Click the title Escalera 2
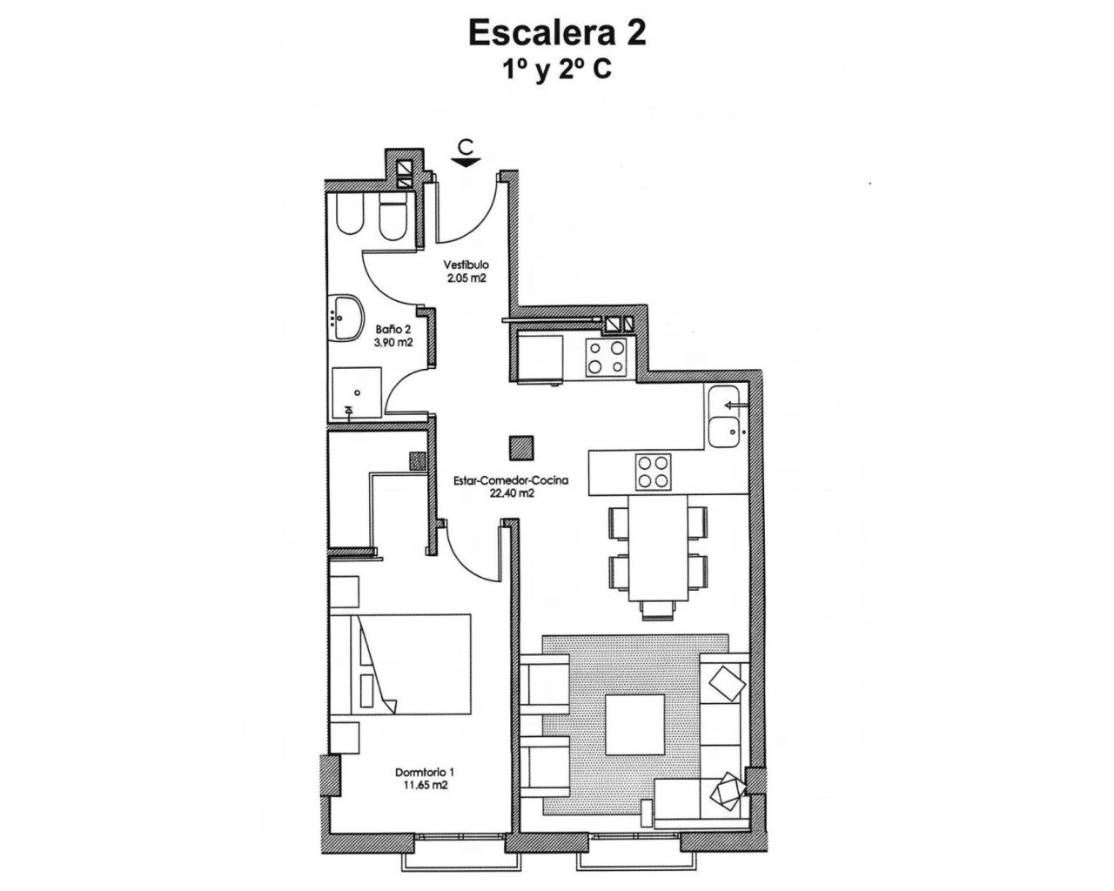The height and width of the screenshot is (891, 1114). click(557, 33)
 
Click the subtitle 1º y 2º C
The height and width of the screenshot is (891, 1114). click(557, 70)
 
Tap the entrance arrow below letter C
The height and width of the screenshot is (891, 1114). click(467, 161)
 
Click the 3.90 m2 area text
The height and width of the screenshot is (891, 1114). click(394, 343)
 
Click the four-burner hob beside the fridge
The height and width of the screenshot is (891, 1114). click(607, 357)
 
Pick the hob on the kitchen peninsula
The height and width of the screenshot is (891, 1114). click(654, 472)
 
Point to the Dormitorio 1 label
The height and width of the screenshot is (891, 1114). click(425, 772)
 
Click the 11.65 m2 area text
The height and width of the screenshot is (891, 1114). click(425, 785)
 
